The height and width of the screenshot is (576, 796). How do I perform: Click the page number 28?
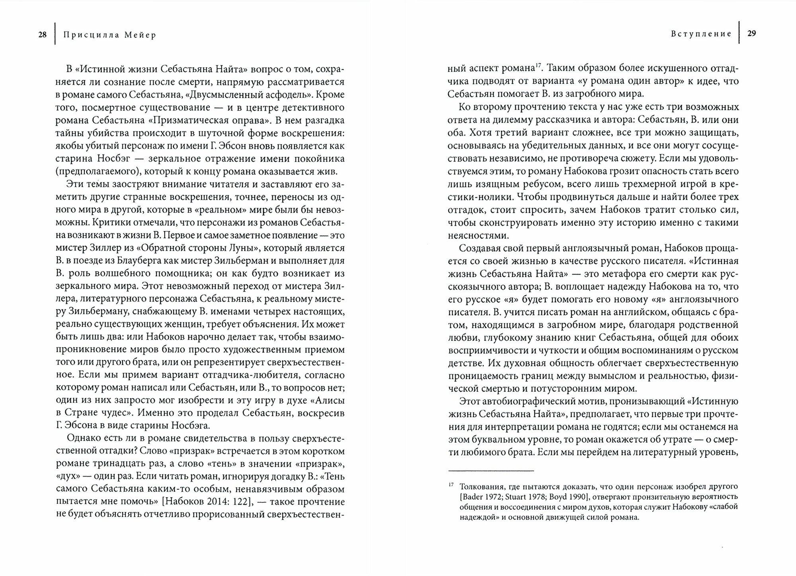coord(42,35)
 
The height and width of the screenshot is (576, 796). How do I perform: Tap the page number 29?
coord(751,34)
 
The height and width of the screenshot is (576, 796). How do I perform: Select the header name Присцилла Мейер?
coord(110,35)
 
